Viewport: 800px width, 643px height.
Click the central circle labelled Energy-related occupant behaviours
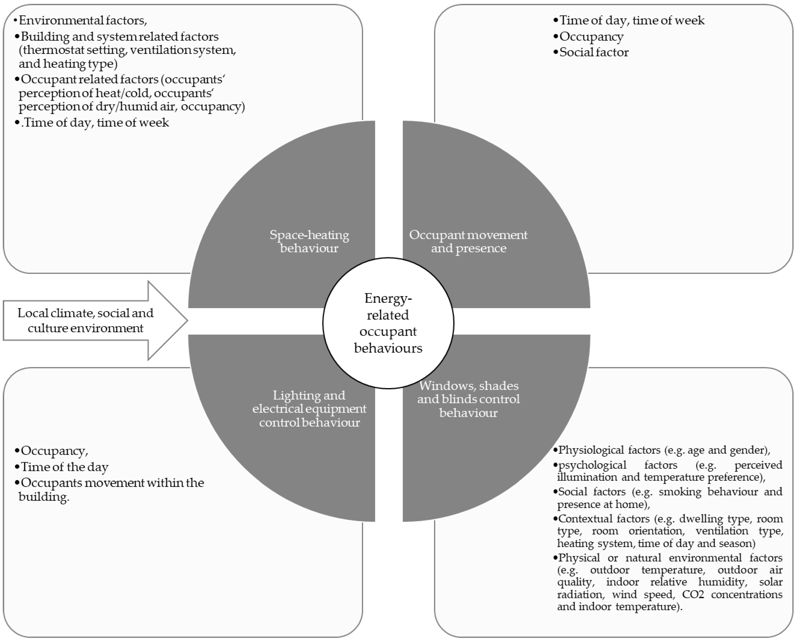(x=388, y=323)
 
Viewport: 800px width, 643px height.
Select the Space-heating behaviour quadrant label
(x=309, y=241)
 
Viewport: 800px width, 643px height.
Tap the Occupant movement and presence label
(x=468, y=241)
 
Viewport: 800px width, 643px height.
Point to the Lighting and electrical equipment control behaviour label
(x=309, y=409)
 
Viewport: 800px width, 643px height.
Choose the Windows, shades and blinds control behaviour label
(x=468, y=399)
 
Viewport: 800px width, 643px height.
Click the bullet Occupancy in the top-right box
(x=591, y=36)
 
